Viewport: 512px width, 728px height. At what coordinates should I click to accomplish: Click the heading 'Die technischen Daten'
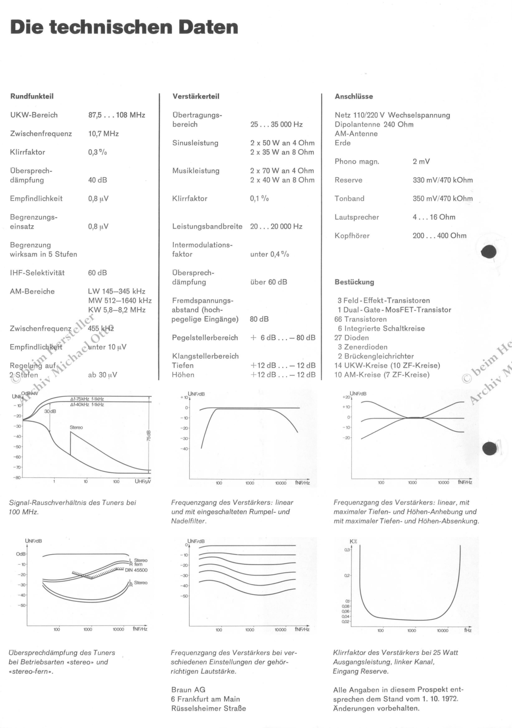[x=124, y=27]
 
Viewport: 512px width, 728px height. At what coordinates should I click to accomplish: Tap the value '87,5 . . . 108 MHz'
[x=116, y=115]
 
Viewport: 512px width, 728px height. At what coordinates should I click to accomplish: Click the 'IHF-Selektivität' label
[x=37, y=273]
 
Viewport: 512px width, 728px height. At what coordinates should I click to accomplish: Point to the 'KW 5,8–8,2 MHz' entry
[x=116, y=310]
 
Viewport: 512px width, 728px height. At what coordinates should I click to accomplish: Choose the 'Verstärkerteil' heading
[x=196, y=96]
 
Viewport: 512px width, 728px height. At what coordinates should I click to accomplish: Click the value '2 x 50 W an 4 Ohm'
[x=282, y=143]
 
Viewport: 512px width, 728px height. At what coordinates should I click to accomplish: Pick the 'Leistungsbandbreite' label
[x=207, y=226]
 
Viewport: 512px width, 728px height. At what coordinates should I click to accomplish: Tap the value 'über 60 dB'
[x=269, y=282]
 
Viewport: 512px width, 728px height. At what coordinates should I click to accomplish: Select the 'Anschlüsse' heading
[x=354, y=96]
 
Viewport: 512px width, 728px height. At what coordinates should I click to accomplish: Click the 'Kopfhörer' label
[x=352, y=236]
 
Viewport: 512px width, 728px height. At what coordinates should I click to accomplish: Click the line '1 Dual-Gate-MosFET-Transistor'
[x=394, y=310]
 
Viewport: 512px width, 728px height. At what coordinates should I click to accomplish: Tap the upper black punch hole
[x=488, y=252]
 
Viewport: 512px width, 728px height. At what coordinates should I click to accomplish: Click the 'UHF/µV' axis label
[x=143, y=481]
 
